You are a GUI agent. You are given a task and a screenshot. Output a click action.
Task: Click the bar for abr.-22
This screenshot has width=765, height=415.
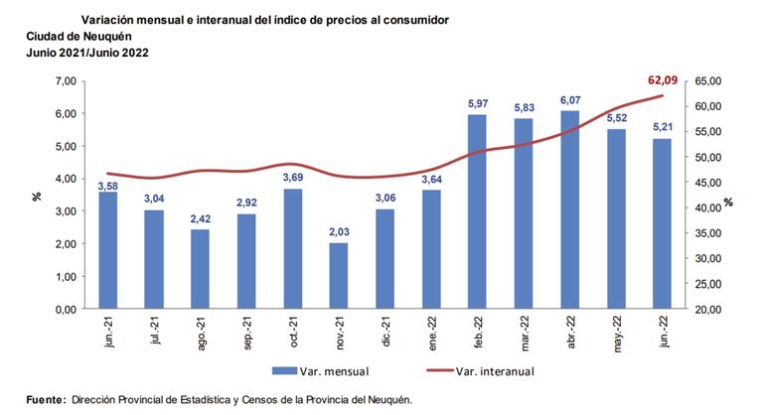pyautogui.click(x=570, y=209)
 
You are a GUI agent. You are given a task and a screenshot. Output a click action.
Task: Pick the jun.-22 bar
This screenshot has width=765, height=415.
pyautogui.click(x=662, y=223)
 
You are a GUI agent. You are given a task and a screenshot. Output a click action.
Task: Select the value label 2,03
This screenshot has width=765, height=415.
pyautogui.click(x=339, y=233)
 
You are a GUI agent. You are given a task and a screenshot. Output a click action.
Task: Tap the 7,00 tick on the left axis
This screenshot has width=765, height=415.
pyautogui.click(x=64, y=81)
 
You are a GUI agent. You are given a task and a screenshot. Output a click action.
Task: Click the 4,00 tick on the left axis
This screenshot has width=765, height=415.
pyautogui.click(x=64, y=179)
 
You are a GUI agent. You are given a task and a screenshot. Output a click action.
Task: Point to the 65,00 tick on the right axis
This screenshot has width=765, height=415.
pyautogui.click(x=711, y=81)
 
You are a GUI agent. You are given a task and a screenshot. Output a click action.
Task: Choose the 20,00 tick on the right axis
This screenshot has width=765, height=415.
pyautogui.click(x=711, y=309)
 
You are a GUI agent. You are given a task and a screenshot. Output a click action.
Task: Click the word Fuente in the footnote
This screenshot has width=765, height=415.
pyautogui.click(x=46, y=399)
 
